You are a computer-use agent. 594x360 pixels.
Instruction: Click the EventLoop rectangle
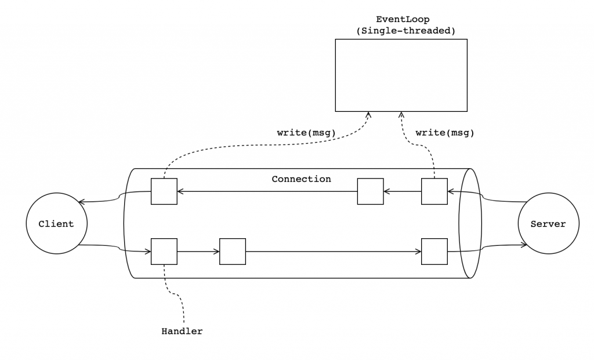401,75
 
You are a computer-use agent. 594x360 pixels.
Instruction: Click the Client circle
56,224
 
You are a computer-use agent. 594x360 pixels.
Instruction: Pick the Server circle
548,224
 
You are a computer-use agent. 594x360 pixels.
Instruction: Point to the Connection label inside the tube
301,179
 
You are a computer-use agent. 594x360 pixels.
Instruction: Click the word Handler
182,332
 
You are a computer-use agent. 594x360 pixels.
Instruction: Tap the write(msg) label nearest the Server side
445,133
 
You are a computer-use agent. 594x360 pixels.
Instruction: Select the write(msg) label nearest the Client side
306,133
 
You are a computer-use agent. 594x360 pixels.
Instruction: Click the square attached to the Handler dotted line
164,252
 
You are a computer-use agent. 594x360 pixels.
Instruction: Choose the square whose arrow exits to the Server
434,252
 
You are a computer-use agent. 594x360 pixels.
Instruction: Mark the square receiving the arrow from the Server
434,191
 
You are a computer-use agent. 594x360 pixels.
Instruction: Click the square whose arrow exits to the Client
164,191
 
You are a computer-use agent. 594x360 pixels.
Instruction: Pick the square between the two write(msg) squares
370,191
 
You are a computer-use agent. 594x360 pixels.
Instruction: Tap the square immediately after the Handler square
233,252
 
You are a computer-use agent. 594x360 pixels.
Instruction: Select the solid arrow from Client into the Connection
116,248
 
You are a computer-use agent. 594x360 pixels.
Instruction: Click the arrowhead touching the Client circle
82,202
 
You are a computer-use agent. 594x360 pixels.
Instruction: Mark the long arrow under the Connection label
267,190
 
